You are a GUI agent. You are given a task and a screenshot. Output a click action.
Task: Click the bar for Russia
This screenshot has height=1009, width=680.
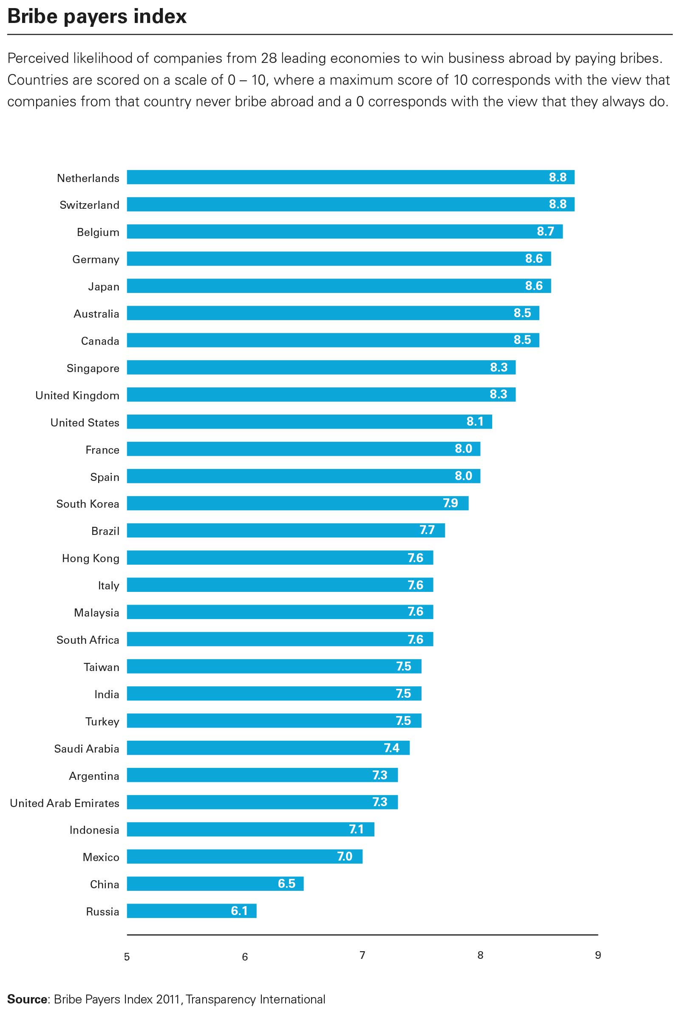point(191,910)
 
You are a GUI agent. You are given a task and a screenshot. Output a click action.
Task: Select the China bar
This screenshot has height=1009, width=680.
point(215,884)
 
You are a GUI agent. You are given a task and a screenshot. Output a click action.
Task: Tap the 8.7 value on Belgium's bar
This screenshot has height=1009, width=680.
point(545,231)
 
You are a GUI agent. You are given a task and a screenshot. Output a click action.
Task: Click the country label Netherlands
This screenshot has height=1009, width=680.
point(88,178)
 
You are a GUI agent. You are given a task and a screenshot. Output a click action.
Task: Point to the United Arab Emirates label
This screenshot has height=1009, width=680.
point(65,803)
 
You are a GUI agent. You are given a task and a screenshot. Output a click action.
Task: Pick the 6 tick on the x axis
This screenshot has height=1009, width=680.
point(245,957)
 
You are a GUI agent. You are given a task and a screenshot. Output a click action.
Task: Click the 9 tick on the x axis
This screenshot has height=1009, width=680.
point(598,955)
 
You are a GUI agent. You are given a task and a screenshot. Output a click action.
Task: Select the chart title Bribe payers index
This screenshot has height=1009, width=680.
point(97,17)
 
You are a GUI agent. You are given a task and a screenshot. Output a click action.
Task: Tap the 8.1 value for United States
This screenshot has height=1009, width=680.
point(474,422)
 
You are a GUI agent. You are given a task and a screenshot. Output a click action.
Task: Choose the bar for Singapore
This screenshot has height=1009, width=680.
point(321,367)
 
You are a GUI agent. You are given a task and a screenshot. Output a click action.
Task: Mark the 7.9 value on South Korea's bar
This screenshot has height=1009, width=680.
point(450,503)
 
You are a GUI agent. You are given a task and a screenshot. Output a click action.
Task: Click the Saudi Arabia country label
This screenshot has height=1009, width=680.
point(86,749)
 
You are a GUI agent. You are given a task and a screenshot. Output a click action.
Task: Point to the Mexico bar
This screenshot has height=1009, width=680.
point(245,856)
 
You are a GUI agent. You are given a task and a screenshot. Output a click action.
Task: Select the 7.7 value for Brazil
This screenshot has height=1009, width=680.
point(427,530)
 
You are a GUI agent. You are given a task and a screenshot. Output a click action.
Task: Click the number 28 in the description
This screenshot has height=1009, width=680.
point(269,58)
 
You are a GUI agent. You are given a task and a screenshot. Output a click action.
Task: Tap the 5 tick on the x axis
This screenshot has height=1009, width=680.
point(127,957)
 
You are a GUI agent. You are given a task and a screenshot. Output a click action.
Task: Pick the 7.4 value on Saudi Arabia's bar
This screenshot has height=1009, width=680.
point(391,748)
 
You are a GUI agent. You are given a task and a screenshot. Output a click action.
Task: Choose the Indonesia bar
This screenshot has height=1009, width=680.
point(250,830)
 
